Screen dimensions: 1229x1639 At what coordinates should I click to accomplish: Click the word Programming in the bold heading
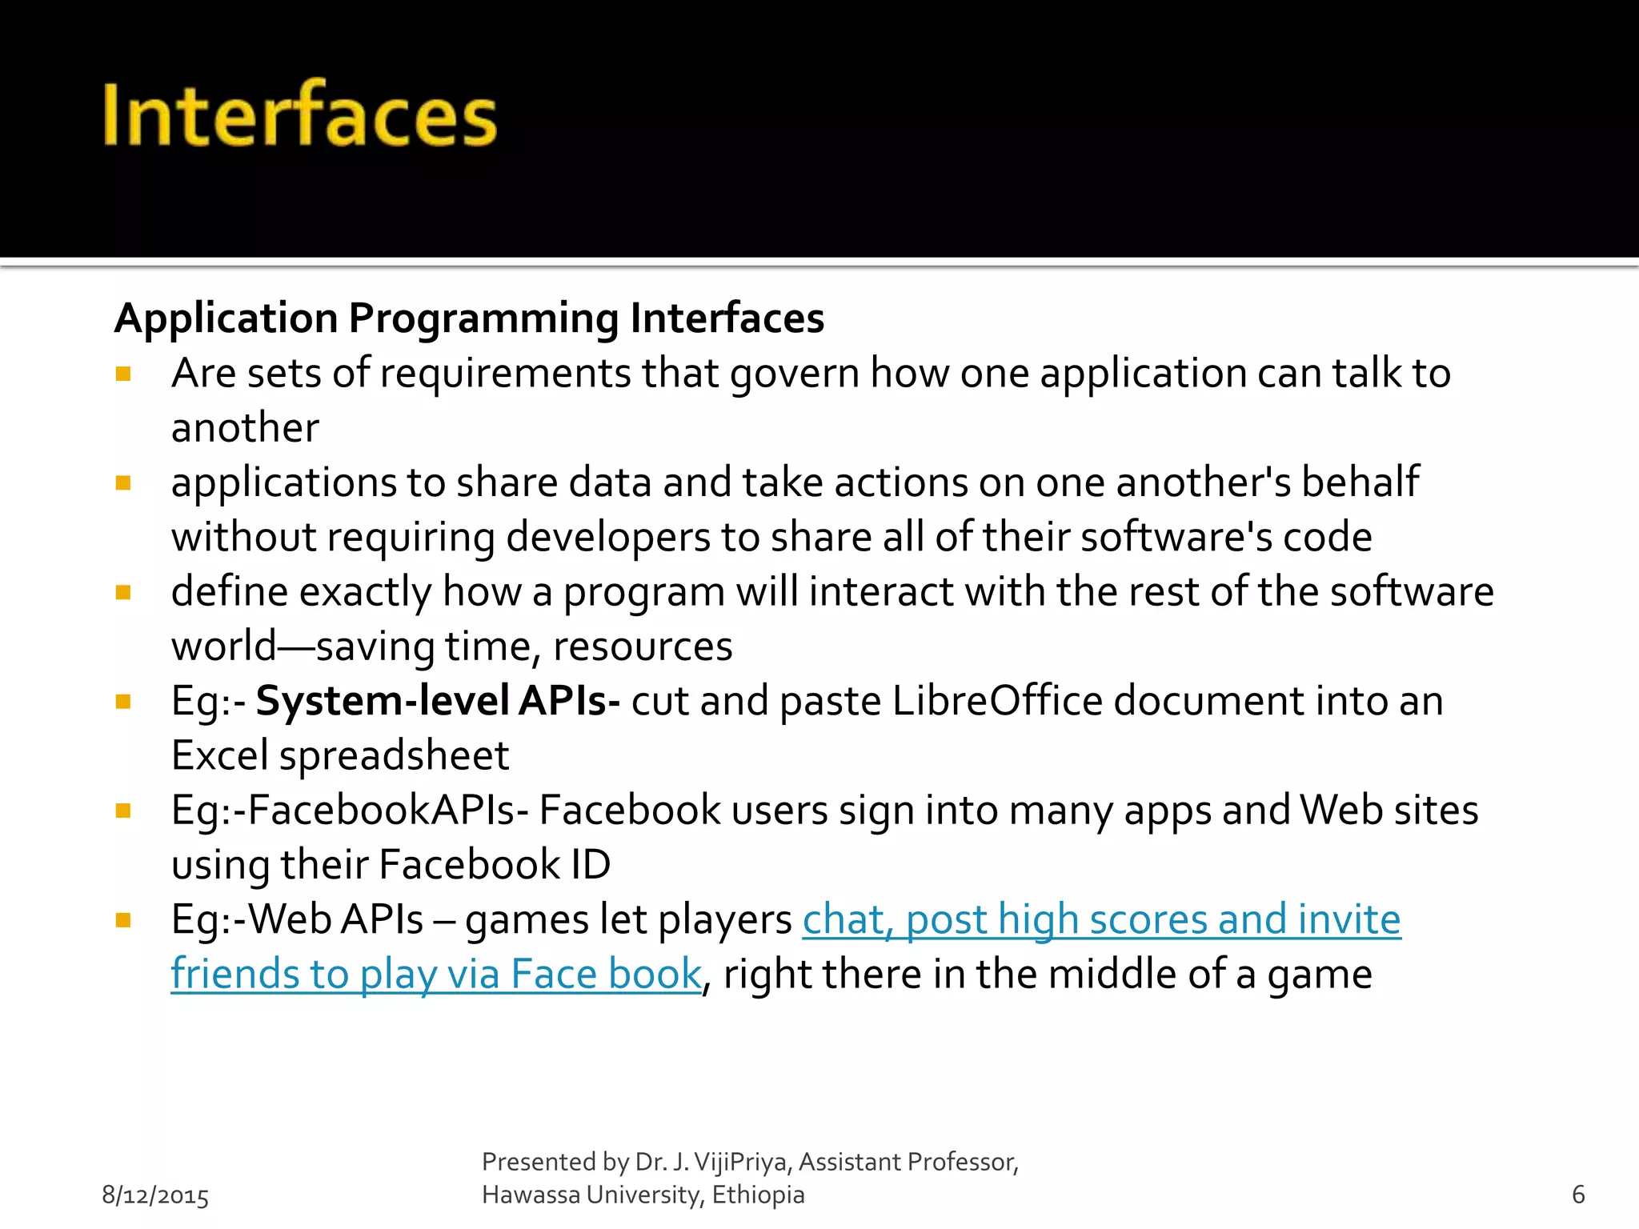click(x=483, y=319)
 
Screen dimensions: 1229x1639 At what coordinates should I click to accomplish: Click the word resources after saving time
click(x=643, y=647)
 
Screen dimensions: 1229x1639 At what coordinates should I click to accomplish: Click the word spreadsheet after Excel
click(x=394, y=756)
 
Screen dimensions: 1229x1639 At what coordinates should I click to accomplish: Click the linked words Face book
click(x=606, y=975)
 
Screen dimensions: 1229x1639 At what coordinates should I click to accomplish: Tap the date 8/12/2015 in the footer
click(x=155, y=1195)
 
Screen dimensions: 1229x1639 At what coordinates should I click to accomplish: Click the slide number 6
click(x=1578, y=1195)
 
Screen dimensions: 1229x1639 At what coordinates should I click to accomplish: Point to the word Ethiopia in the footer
click(x=758, y=1195)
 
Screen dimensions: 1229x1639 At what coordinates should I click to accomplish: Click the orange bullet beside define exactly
click(x=123, y=592)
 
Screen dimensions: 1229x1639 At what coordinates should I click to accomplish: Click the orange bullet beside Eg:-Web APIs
click(x=123, y=920)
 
